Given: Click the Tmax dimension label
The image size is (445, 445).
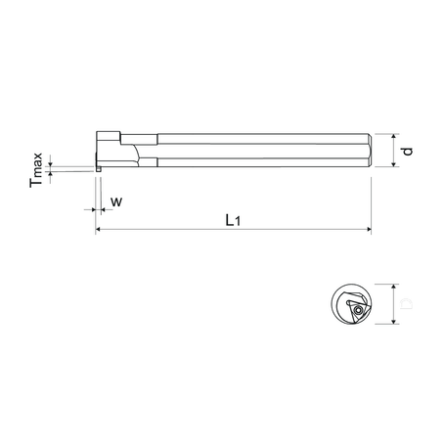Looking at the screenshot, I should tap(36, 168).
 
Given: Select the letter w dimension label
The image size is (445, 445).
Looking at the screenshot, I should tap(116, 201).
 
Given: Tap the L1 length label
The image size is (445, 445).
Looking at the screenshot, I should tap(231, 220).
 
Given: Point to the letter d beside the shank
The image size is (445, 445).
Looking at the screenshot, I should tap(407, 151).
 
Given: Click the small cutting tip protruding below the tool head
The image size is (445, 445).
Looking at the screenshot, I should tap(99, 174).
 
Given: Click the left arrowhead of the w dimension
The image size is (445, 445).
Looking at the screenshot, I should tap(92, 208).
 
